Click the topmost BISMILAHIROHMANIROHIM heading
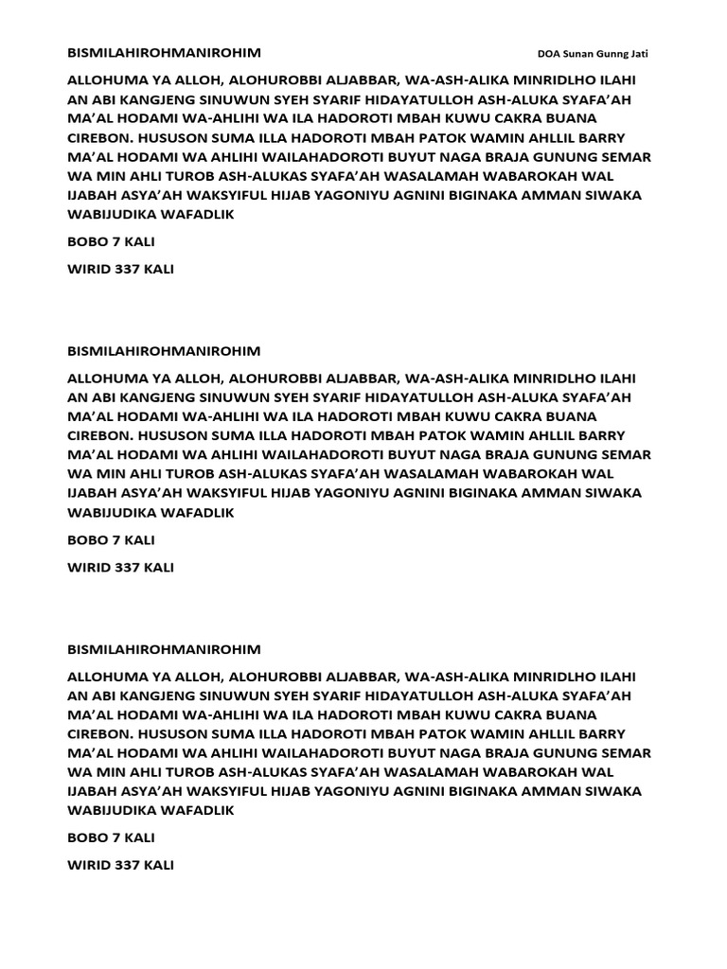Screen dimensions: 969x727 165,52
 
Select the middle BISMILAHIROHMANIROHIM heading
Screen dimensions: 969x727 165,350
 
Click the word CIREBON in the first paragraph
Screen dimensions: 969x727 100,137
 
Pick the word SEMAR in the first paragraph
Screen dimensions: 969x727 626,156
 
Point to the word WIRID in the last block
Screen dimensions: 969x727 90,866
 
